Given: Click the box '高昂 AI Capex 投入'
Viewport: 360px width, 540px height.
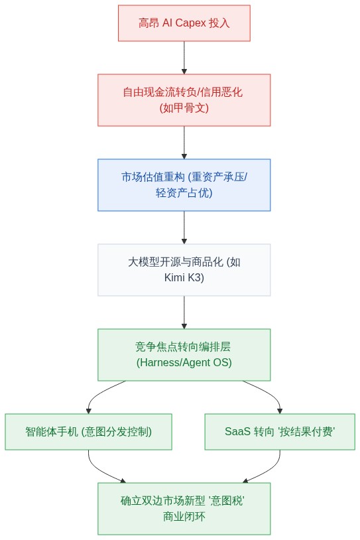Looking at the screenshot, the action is pos(184,23).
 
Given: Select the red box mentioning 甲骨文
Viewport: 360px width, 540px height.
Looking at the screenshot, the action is pos(184,100).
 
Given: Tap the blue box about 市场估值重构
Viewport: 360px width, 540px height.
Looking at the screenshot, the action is pos(184,185).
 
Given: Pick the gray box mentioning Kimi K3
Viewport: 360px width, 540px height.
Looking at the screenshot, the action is pos(184,270).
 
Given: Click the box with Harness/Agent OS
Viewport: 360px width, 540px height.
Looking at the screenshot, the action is pos(184,355).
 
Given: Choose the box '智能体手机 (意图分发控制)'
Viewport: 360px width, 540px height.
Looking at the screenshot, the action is pos(88,431).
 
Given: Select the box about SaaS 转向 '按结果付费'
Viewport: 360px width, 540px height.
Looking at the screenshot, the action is pos(280,431).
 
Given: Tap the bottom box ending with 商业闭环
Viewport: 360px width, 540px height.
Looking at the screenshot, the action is pos(184,508).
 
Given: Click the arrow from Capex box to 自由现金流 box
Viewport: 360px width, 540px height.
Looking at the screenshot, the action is pos(184,58).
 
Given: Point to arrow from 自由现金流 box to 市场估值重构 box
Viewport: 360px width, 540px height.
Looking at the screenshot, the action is pos(184,143).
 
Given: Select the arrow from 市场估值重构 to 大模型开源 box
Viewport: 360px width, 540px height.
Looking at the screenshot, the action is pos(184,228).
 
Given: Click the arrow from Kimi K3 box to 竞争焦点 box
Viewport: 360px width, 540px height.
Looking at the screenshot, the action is pos(184,312).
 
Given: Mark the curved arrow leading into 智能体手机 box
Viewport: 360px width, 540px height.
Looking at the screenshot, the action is pos(99,392).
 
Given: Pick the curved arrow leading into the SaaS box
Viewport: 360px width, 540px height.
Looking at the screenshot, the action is pos(269,392).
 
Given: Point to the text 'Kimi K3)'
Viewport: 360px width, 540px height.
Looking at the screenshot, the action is pos(184,277).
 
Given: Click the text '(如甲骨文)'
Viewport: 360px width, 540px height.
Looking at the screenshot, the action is pos(184,107).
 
